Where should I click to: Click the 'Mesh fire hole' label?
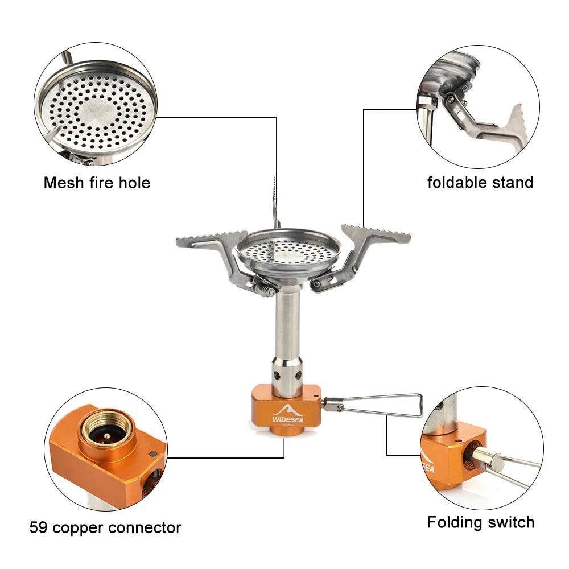[x=97, y=183]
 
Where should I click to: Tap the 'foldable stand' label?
[x=480, y=183]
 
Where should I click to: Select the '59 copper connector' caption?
[x=105, y=527]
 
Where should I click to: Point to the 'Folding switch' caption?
[x=481, y=522]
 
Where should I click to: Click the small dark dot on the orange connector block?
[x=152, y=453]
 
